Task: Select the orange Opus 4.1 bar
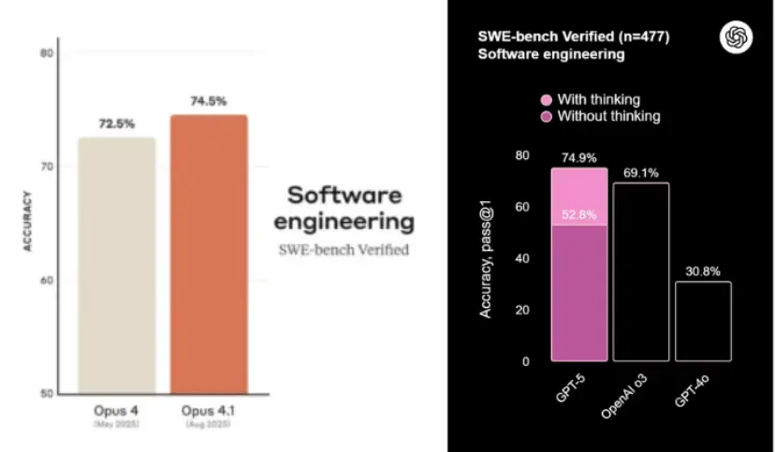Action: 209,254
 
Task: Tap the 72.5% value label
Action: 117,124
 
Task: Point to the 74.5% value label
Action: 209,100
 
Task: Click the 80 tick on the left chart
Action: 45,53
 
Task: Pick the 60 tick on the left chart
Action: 45,280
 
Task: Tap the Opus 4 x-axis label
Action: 116,413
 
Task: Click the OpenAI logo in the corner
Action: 735,37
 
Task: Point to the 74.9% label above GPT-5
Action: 578,157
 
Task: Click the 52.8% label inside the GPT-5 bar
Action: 578,215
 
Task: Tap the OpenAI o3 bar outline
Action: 641,271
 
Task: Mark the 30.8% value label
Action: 703,270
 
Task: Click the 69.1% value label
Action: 641,172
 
